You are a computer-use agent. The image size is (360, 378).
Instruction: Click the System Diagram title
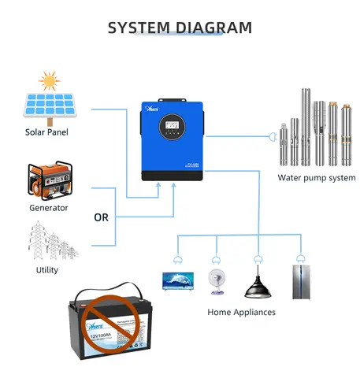click(180, 28)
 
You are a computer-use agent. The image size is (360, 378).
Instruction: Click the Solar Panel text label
click(46, 132)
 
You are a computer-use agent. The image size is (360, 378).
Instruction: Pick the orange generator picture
click(47, 181)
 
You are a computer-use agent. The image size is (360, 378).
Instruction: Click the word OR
click(102, 217)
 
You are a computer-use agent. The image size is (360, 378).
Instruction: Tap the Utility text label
click(47, 270)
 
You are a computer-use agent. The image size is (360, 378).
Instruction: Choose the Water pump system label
click(317, 177)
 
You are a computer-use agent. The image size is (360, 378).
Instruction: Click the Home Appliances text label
click(242, 313)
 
